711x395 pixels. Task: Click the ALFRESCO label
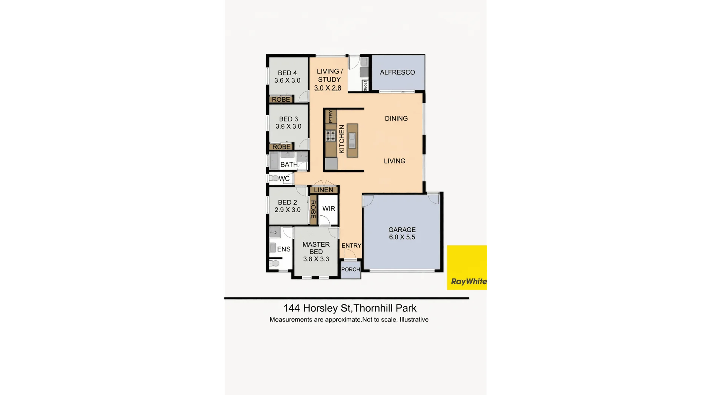coord(397,72)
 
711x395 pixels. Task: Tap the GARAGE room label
coord(402,230)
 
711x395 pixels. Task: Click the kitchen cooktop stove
coord(330,136)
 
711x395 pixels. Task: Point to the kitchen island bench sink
coord(352,140)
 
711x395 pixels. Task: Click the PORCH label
coord(350,269)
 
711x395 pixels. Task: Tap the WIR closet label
coord(328,208)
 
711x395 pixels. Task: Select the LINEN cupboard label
coord(324,190)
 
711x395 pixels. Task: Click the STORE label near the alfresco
coord(365,86)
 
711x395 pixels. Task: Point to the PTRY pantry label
coord(331,117)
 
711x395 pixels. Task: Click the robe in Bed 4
coord(281,99)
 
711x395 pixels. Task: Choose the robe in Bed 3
coord(281,147)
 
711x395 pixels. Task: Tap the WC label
coord(284,178)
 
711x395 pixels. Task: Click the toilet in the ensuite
coord(274,263)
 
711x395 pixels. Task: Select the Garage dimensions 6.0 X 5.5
coord(402,237)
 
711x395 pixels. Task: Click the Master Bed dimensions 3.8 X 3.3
coord(316,259)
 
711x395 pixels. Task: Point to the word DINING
coord(396,118)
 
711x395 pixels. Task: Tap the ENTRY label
coord(351,246)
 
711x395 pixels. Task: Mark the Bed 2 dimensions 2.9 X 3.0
coord(287,210)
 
